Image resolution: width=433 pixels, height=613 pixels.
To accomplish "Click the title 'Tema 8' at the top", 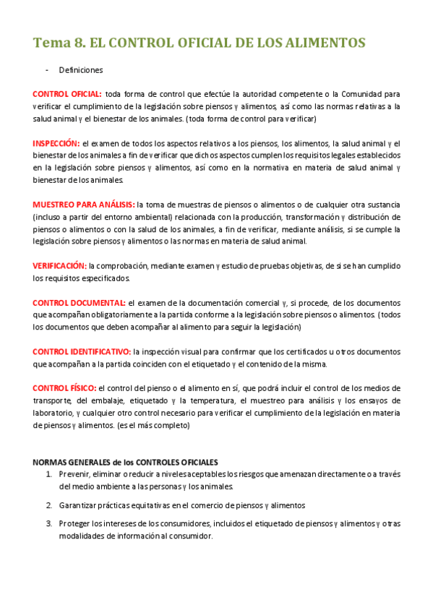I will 57,43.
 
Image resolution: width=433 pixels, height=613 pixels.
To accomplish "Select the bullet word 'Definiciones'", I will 81,70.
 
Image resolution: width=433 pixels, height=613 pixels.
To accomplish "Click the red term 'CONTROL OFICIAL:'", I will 67,94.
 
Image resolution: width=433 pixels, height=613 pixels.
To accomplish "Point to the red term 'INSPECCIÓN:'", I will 56,143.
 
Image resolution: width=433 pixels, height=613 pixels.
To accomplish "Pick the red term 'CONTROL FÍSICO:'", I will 64,388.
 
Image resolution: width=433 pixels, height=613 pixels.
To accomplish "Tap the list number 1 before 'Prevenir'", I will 48,474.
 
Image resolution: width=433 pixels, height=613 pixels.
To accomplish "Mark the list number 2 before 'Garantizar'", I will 48,505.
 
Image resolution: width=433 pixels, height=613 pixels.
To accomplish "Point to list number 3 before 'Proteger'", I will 48,524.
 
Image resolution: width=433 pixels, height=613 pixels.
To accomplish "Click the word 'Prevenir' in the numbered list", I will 74,474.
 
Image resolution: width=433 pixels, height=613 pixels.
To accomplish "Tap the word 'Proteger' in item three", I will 74,524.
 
